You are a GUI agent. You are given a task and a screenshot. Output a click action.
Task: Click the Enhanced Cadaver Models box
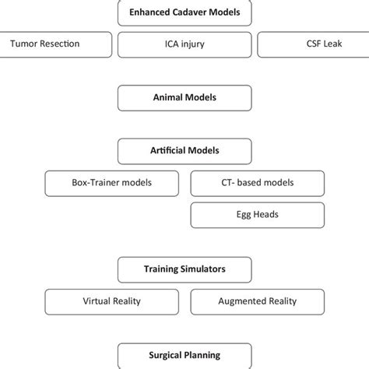(x=184, y=12)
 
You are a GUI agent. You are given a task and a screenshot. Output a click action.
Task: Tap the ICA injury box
(x=184, y=44)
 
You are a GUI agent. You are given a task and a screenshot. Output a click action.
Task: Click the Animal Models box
(x=184, y=98)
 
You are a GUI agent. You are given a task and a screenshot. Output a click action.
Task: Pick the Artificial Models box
(x=184, y=150)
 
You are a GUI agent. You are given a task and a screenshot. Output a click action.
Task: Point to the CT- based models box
(x=256, y=184)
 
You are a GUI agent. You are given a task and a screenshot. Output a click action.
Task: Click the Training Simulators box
(x=184, y=269)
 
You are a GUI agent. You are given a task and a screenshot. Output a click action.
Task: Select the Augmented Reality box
(x=256, y=301)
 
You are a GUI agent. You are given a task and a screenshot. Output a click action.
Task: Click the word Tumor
(x=26, y=44)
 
